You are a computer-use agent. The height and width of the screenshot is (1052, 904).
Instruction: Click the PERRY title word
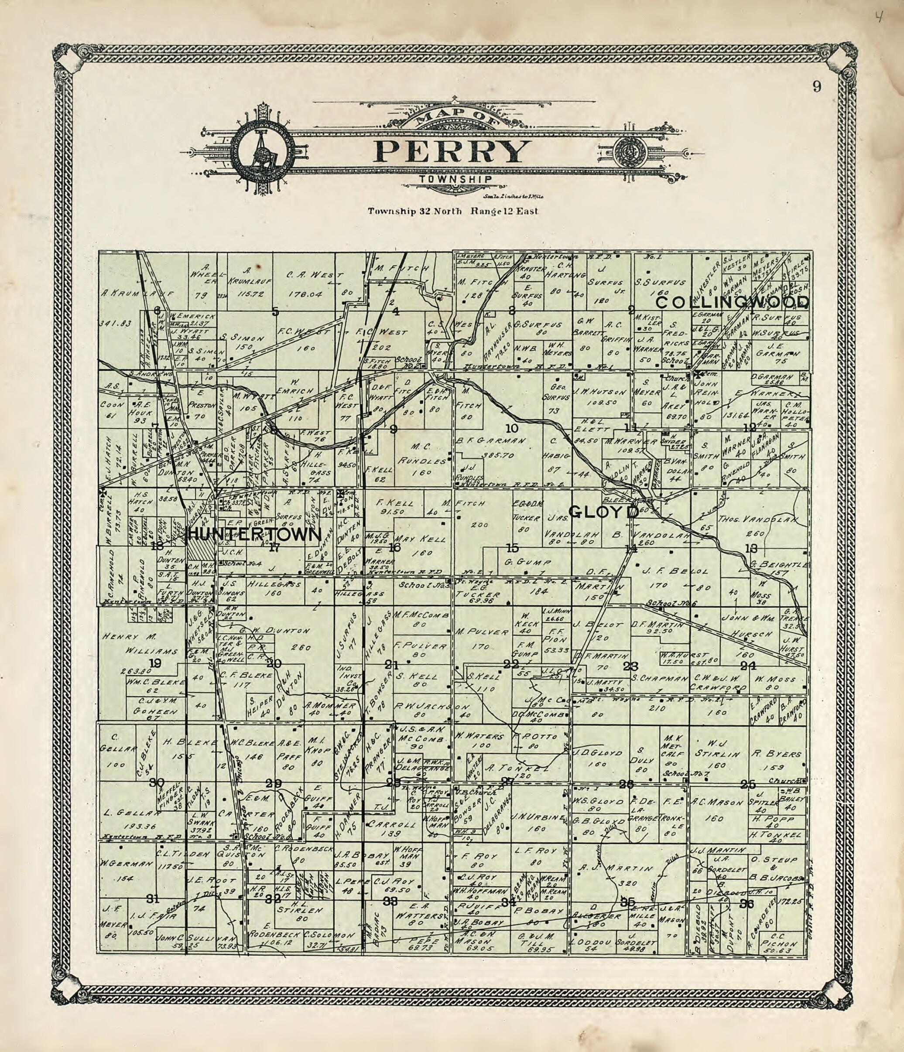click(452, 151)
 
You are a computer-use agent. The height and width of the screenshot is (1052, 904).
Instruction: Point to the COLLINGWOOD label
click(733, 303)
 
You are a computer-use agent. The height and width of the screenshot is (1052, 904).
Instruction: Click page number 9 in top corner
click(816, 87)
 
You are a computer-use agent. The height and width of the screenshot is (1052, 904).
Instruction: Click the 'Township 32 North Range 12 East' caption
click(453, 211)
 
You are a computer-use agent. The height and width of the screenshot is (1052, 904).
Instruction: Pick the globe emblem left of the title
click(263, 150)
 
